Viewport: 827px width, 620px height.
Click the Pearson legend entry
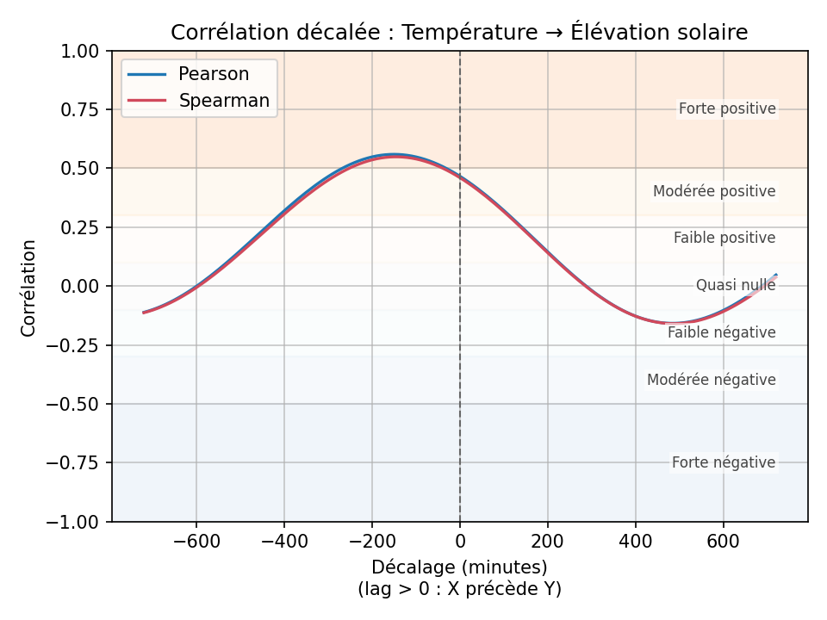[214, 74]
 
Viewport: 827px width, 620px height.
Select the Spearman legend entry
[224, 101]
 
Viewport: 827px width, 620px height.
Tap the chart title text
[459, 33]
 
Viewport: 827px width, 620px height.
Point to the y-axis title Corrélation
[29, 288]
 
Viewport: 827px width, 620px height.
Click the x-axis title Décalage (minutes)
[459, 567]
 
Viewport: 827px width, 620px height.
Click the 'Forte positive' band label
[727, 109]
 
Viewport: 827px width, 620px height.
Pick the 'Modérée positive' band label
[714, 191]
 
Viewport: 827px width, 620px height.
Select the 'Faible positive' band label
[724, 238]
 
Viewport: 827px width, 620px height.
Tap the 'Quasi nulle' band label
[736, 285]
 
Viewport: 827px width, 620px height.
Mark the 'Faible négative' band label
[722, 332]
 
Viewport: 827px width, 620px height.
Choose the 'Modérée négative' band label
[712, 380]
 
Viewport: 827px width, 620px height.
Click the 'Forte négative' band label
[724, 462]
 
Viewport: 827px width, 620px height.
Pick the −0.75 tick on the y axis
[78, 463]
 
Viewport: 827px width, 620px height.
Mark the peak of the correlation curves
[394, 155]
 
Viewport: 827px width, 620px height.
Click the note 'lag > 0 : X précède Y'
[459, 589]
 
